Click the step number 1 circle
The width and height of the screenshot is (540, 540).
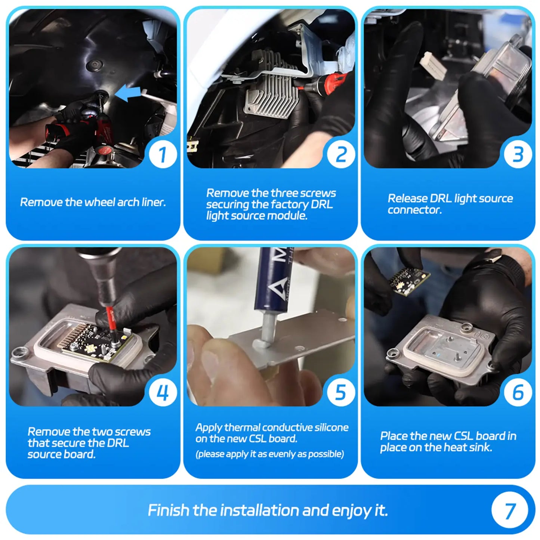(x=163, y=154)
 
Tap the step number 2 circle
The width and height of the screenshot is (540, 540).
(x=341, y=154)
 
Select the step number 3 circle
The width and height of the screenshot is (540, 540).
(x=518, y=154)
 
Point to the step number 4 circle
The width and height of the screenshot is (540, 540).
(x=163, y=392)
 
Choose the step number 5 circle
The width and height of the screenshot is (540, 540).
(x=341, y=392)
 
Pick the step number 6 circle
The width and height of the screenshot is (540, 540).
(x=518, y=392)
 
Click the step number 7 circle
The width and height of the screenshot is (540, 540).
(x=509, y=510)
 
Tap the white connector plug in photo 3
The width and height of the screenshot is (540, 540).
(x=433, y=66)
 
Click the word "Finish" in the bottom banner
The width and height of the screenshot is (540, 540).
(x=168, y=510)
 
